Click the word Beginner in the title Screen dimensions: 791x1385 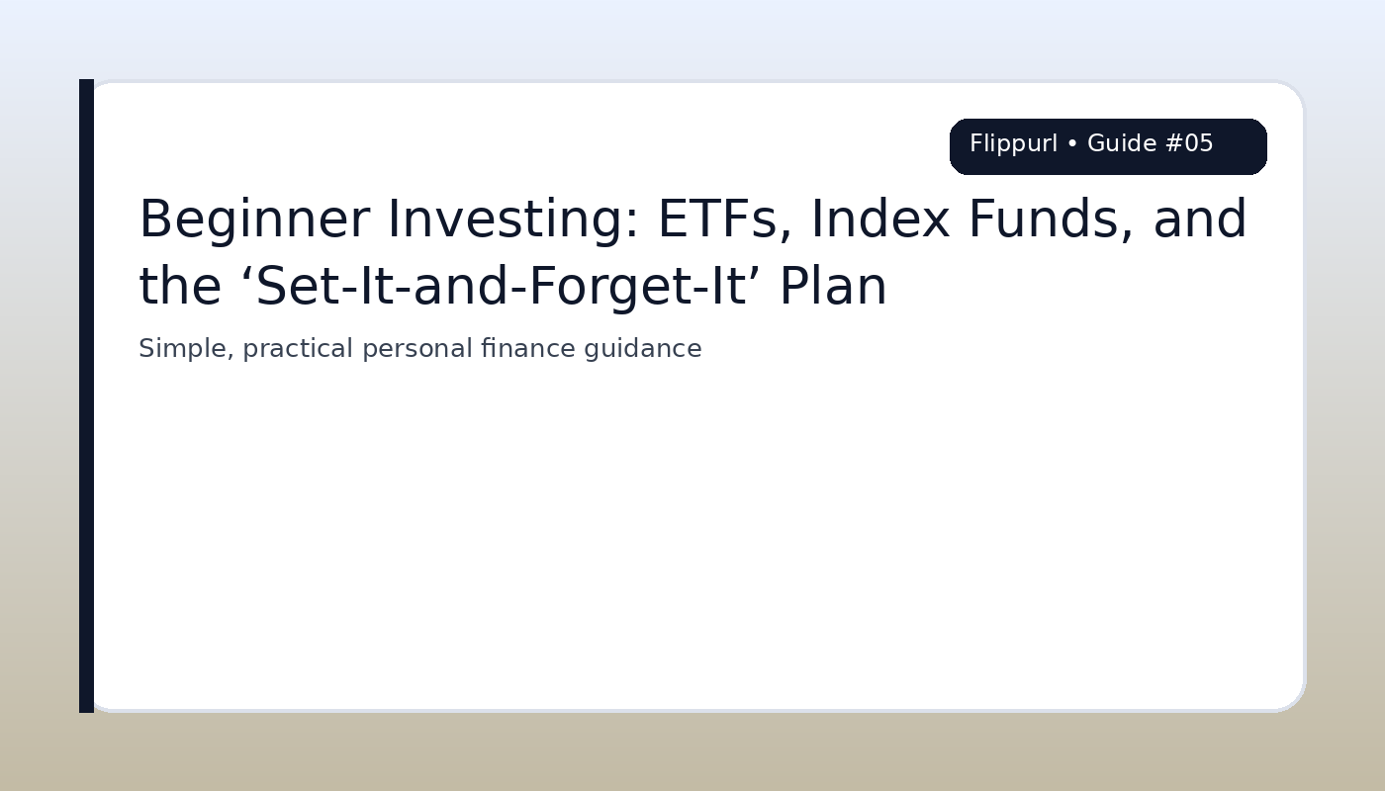point(253,220)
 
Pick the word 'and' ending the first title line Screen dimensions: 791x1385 point(1199,220)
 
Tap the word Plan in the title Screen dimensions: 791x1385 point(833,287)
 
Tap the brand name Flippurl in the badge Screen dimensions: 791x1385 point(1013,144)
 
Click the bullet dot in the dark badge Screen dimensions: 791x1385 point(1072,144)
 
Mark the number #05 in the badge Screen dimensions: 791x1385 point(1189,144)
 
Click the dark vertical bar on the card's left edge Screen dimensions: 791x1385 point(86,395)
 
